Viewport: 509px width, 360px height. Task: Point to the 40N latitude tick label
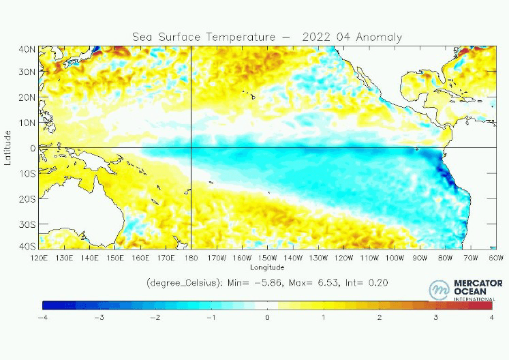[28, 49]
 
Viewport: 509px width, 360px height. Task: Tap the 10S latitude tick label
[28, 173]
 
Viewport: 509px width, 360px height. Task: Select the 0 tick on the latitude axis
[32, 148]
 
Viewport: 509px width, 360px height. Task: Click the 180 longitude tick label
[191, 258]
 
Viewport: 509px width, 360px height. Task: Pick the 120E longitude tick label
[40, 258]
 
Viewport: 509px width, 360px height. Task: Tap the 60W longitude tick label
[496, 258]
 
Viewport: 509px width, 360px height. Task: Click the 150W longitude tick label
[267, 258]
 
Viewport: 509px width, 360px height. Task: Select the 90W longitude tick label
[420, 258]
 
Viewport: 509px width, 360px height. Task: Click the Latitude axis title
[7, 148]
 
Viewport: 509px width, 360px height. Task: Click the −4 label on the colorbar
[42, 317]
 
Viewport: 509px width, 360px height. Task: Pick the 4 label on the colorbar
[491, 317]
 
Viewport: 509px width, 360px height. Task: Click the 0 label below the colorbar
[267, 317]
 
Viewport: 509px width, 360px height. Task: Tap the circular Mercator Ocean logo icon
[439, 290]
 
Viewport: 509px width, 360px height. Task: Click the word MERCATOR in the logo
[478, 283]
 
